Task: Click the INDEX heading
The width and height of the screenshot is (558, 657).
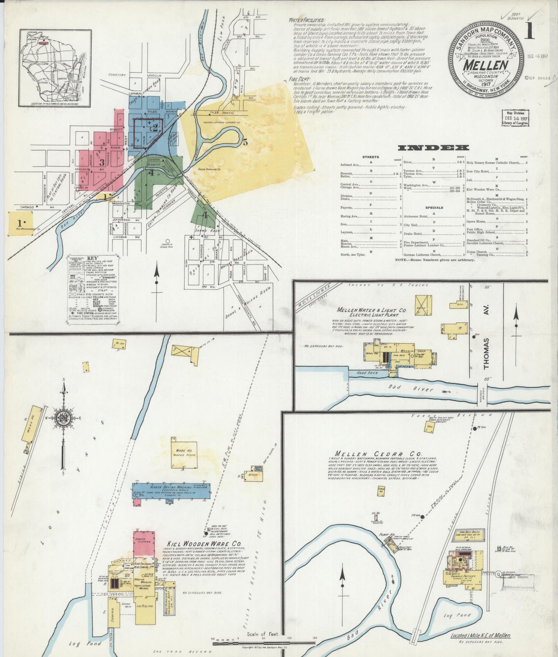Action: (434, 148)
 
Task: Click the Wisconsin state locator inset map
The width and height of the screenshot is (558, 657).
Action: (56, 68)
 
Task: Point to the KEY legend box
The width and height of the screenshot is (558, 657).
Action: (92, 288)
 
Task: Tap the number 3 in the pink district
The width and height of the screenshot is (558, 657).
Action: (102, 162)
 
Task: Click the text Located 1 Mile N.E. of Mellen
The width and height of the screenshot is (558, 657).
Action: (480, 635)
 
